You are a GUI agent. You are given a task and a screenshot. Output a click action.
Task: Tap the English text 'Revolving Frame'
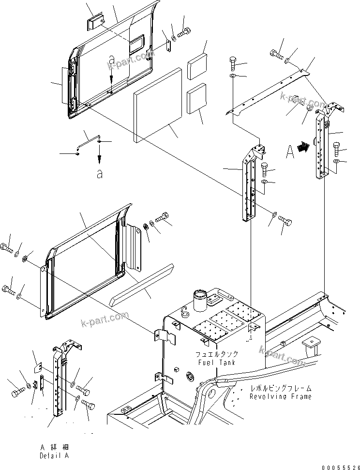pyautogui.click(x=281, y=396)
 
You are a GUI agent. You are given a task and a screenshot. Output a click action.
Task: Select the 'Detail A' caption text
pyautogui.click(x=54, y=456)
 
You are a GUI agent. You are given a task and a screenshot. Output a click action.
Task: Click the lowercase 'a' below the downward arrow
pyautogui.click(x=99, y=174)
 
